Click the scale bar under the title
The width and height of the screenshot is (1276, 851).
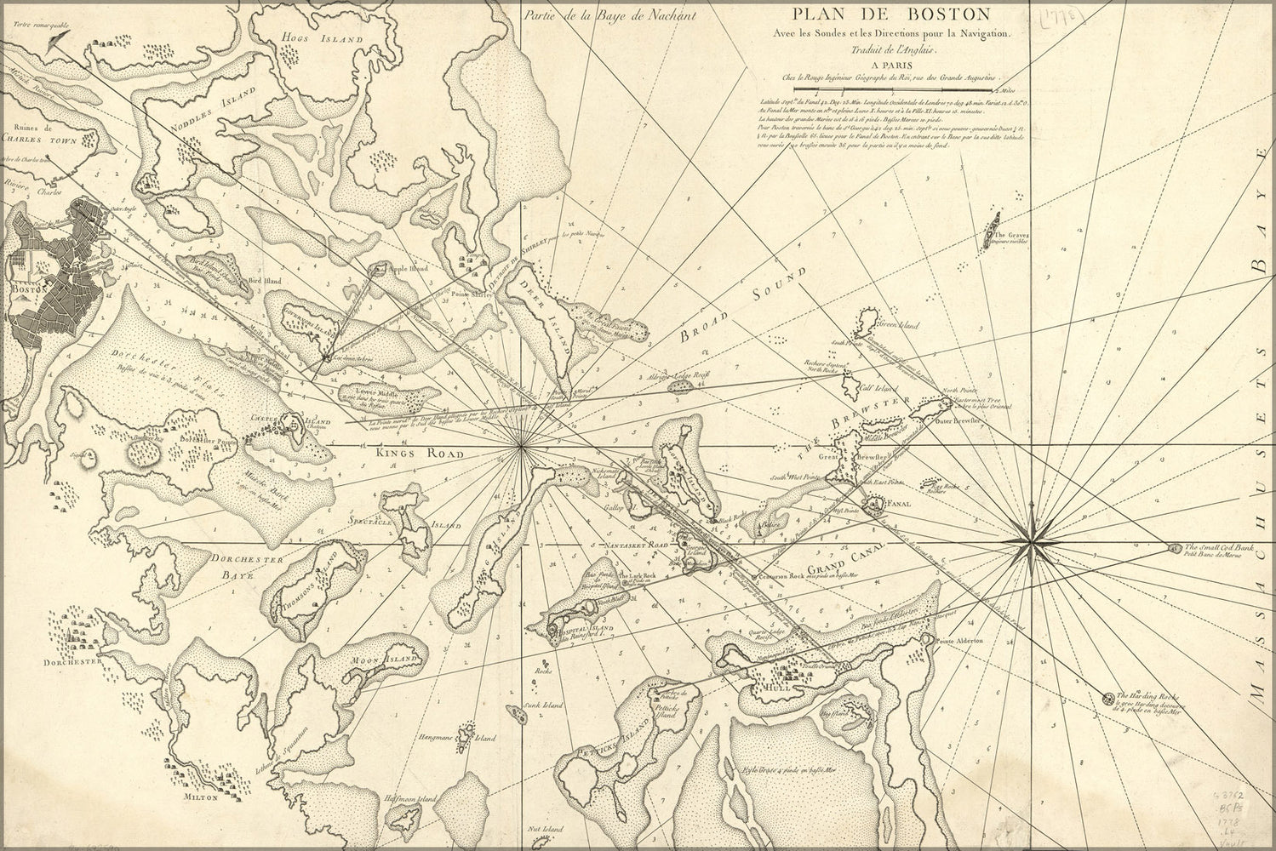(x=897, y=89)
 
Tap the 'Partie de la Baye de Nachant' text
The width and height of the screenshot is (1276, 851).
(x=610, y=14)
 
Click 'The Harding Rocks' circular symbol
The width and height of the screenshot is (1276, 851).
(x=1108, y=699)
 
